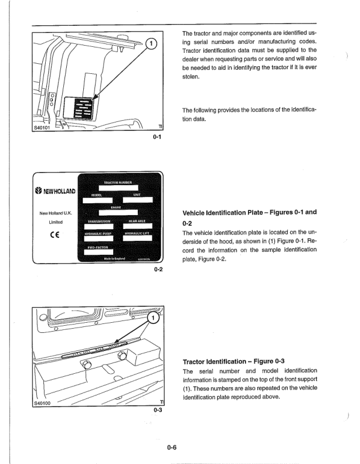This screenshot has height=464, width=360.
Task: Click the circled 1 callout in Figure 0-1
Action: (152, 43)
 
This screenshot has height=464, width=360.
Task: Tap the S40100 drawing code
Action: (43, 402)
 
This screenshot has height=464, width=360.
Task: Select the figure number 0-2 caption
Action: (158, 270)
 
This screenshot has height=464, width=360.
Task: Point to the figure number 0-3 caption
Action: (157, 410)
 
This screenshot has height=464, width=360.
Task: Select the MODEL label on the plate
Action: (97, 195)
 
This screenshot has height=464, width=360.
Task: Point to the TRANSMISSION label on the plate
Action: (99, 221)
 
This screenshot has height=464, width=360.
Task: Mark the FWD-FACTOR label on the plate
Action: (97, 247)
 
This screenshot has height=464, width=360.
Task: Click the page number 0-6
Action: (172, 448)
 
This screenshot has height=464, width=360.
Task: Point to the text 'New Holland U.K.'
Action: (55, 213)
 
